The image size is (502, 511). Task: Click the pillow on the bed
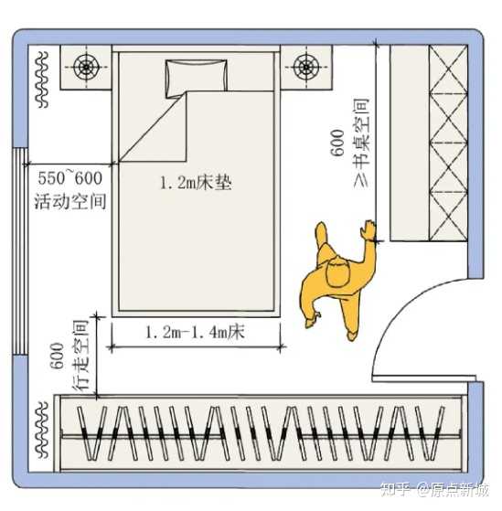(197, 79)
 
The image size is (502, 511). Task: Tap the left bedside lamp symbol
(86, 67)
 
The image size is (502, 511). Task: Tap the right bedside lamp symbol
(306, 67)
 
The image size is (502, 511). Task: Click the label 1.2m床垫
(196, 183)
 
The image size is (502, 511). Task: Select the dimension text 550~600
(69, 178)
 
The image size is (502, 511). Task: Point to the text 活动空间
(70, 201)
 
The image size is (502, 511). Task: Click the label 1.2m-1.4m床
(195, 333)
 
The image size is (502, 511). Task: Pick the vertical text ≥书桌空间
(361, 143)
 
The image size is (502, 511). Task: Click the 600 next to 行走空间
(57, 356)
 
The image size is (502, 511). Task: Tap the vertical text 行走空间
(80, 356)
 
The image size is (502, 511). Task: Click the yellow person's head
(338, 272)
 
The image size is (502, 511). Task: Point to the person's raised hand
(368, 230)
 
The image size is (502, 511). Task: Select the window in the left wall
(19, 251)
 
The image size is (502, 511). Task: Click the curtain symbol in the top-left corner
(42, 80)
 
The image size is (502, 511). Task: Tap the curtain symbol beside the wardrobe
(42, 431)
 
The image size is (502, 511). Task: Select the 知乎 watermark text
(395, 490)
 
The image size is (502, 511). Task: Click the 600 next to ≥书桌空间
(337, 143)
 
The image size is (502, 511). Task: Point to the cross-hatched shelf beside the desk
(448, 143)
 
